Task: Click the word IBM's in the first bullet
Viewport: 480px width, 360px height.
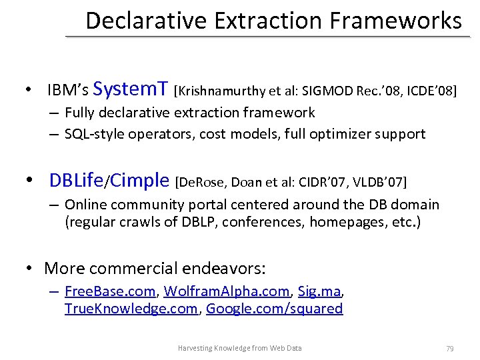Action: click(x=69, y=90)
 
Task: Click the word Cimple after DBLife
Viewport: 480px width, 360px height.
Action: click(x=140, y=180)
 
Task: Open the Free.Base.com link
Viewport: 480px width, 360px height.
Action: click(x=110, y=291)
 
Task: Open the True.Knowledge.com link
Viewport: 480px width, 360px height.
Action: click(x=131, y=309)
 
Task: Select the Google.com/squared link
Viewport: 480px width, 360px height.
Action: click(x=275, y=309)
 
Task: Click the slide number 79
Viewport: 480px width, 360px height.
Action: click(x=449, y=348)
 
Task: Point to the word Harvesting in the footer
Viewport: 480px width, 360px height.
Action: click(x=193, y=348)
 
